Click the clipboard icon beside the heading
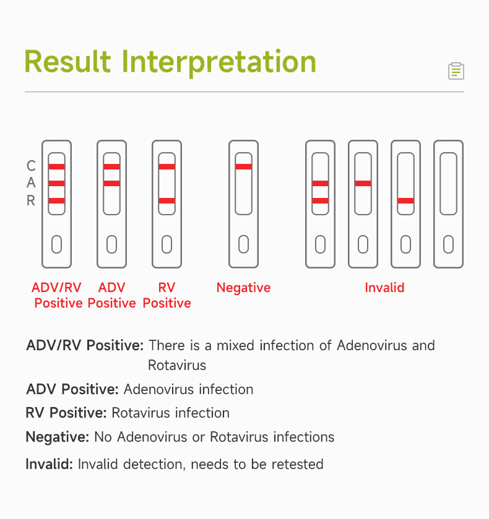click(x=456, y=71)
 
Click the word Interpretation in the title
click(x=219, y=62)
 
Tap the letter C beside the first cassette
click(x=31, y=166)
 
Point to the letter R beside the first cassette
click(x=31, y=200)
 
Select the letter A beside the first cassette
click(x=31, y=182)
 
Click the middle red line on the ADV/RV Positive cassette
click(x=57, y=183)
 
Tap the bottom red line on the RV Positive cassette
click(x=167, y=200)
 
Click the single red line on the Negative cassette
click(x=243, y=166)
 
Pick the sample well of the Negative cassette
click(x=243, y=244)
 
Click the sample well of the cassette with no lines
click(x=448, y=244)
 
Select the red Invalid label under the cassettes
click(x=384, y=288)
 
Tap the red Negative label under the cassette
click(x=243, y=288)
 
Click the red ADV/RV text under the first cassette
click(x=56, y=288)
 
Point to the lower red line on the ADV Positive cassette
click(x=111, y=183)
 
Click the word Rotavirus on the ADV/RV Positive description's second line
click(x=177, y=366)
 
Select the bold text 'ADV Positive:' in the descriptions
click(x=72, y=389)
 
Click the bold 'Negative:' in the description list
click(x=58, y=437)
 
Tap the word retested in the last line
click(x=298, y=464)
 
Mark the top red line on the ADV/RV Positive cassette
click(x=57, y=166)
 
